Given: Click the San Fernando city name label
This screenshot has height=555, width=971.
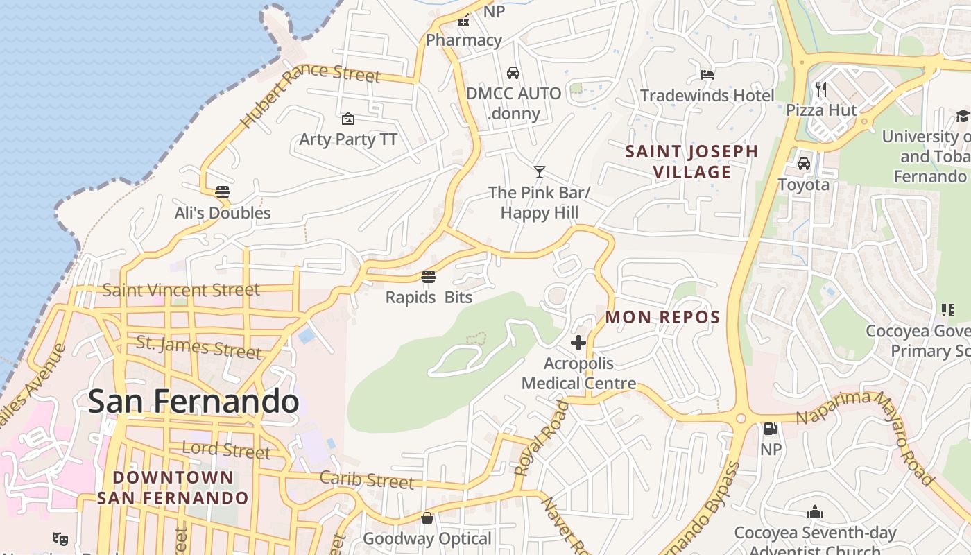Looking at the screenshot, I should click(194, 402).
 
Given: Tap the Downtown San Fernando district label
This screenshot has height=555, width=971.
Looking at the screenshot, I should click(173, 488).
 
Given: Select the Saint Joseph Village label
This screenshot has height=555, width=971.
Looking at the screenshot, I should click(691, 162).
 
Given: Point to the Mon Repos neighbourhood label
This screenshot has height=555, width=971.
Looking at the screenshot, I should click(662, 317).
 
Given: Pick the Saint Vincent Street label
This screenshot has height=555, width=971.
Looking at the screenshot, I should click(181, 290).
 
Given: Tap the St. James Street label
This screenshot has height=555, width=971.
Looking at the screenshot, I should click(198, 347).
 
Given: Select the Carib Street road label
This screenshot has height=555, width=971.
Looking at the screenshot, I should click(366, 479).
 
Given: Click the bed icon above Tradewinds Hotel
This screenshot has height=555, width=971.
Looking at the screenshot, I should click(707, 74).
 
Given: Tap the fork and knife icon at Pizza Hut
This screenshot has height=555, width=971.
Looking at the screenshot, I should click(821, 89).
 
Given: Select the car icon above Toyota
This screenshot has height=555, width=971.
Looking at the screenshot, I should click(803, 164).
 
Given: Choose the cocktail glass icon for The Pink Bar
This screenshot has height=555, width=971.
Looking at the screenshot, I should click(539, 171).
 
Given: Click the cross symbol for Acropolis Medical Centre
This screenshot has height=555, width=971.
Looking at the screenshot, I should click(578, 343).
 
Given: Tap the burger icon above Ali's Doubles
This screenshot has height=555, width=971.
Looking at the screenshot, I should click(222, 191).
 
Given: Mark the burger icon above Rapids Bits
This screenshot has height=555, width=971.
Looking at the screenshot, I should click(429, 277).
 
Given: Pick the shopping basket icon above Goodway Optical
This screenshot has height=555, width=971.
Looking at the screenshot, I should click(427, 518).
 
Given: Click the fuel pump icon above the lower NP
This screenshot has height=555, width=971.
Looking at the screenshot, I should click(771, 429).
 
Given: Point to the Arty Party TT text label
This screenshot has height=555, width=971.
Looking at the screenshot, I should click(348, 139).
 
